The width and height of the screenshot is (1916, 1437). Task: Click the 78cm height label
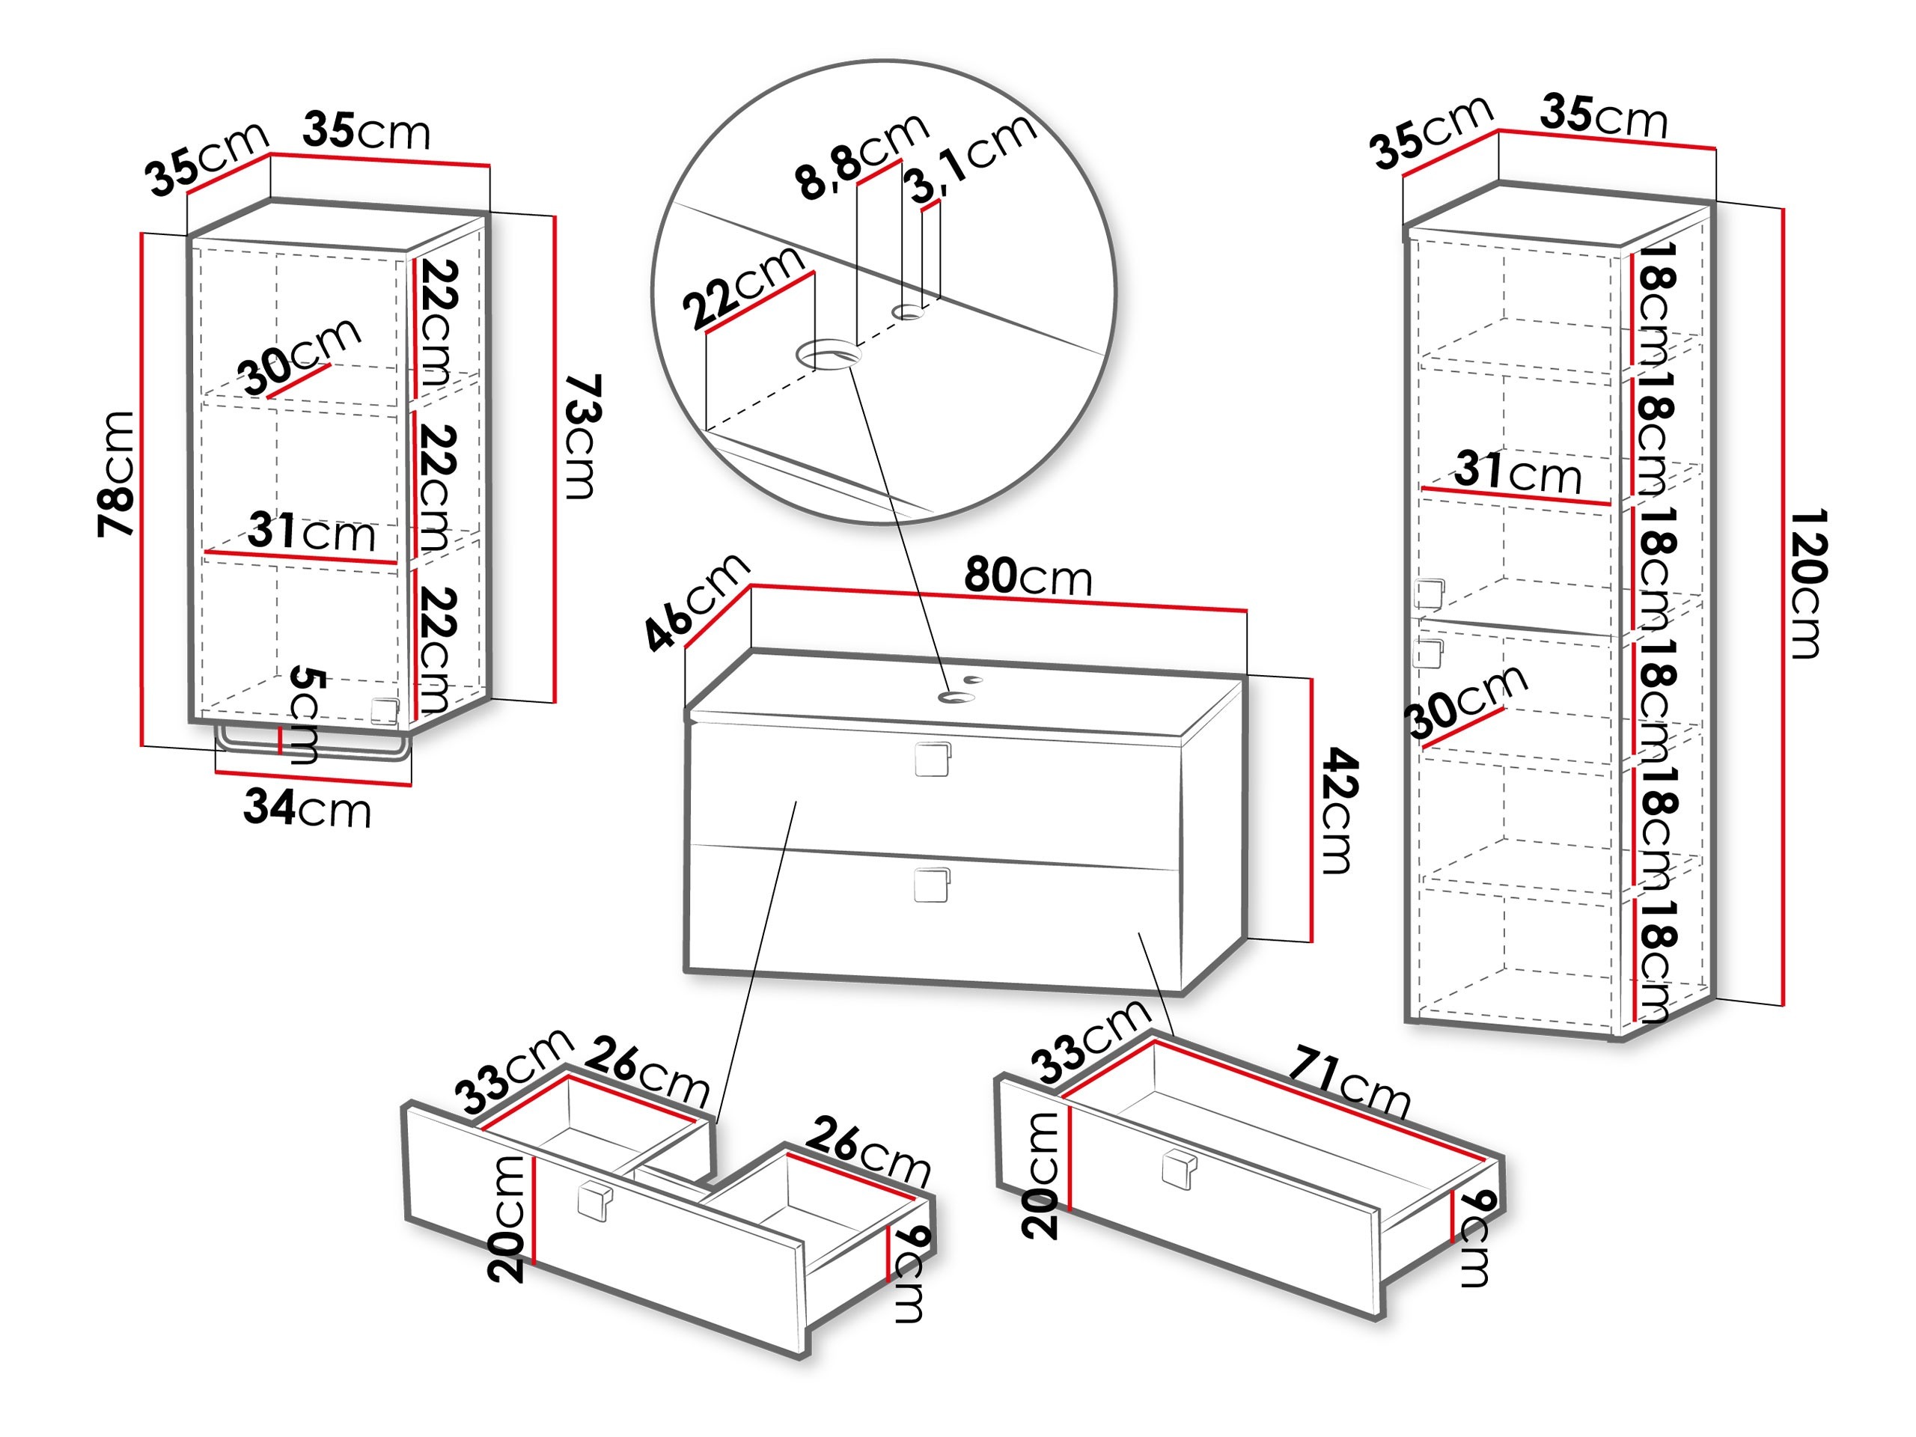coord(116,475)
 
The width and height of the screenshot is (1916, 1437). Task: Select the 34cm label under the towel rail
coord(307,808)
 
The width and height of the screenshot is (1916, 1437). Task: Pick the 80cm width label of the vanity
coord(1028,576)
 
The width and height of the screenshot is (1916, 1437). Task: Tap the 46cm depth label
coord(695,599)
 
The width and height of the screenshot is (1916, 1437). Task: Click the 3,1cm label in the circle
coord(970,159)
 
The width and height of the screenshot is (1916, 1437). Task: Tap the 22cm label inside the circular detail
coord(742,286)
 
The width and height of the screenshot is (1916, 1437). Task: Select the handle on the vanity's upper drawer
coord(933,759)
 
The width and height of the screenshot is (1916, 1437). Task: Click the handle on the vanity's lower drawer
coord(932,885)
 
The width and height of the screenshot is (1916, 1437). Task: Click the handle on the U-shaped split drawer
coord(595,1202)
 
